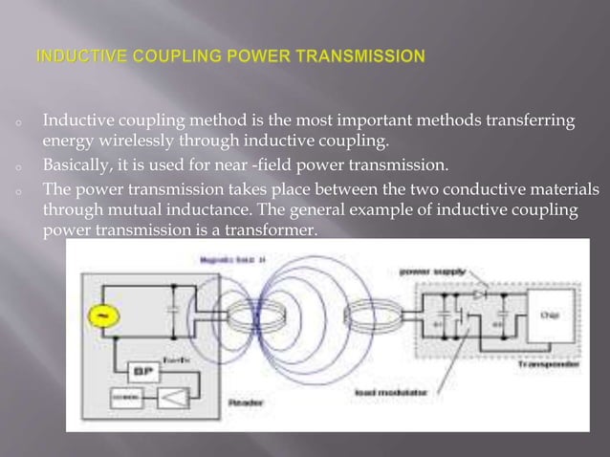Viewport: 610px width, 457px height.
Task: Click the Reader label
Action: pos(245,403)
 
